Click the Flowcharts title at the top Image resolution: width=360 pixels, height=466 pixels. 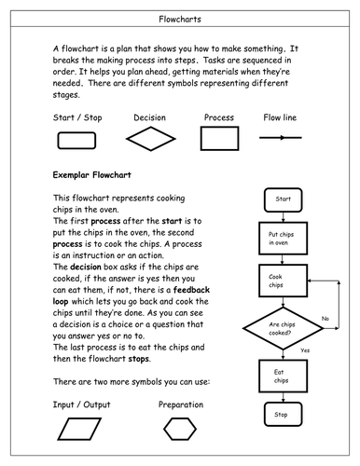(180, 20)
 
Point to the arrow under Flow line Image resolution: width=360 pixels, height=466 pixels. (281, 137)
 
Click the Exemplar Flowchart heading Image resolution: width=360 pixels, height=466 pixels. (91, 175)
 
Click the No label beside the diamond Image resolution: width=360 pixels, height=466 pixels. (325, 319)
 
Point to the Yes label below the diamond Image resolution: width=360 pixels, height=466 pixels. (305, 350)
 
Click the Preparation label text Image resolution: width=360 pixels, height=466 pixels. (181, 404)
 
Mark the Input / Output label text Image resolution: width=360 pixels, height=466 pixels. (81, 404)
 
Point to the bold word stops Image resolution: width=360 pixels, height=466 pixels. (139, 359)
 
